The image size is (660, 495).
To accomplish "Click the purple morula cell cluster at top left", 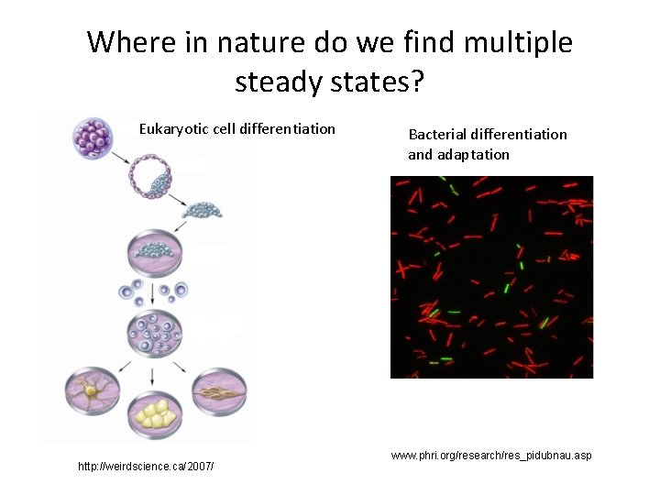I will (92, 138).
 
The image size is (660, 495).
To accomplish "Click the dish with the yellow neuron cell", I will (93, 392).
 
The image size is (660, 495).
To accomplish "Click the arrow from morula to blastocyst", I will (120, 155).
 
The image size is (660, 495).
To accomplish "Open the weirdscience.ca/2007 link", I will (146, 467).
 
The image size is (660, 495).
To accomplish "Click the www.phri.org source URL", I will (490, 455).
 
